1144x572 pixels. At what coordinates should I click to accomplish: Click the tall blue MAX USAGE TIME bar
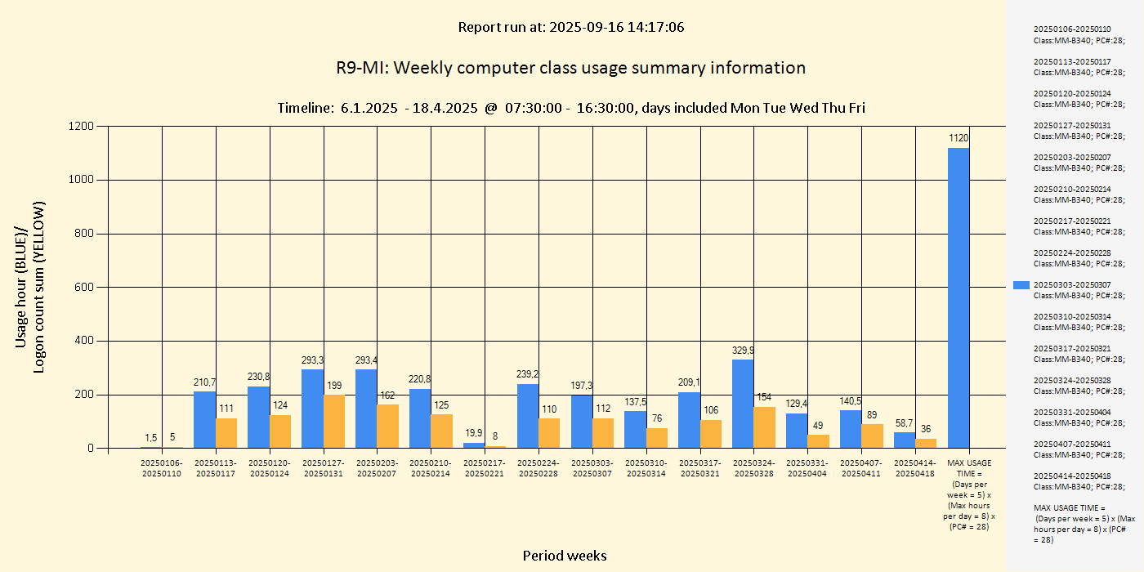tap(959, 297)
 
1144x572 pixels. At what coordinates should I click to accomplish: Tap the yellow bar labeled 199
tap(334, 421)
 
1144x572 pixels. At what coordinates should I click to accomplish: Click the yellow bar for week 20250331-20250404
tap(818, 441)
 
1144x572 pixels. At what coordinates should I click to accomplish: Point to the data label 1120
tap(959, 138)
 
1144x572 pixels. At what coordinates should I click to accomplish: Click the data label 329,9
tap(743, 351)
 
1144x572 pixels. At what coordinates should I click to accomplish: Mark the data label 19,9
tap(474, 433)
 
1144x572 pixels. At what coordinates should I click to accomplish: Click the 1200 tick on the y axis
tap(82, 126)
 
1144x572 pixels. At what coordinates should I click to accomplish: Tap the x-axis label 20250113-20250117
tap(216, 468)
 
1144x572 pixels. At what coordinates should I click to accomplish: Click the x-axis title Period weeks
tap(565, 556)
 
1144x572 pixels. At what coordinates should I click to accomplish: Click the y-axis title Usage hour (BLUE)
tap(22, 286)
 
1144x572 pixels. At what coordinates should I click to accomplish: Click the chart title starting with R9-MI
tap(570, 68)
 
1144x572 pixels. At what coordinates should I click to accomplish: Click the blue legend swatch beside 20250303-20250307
tap(1021, 284)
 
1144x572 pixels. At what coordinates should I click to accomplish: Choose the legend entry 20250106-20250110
tap(1072, 34)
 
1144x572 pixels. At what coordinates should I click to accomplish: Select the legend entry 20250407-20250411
tap(1072, 449)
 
